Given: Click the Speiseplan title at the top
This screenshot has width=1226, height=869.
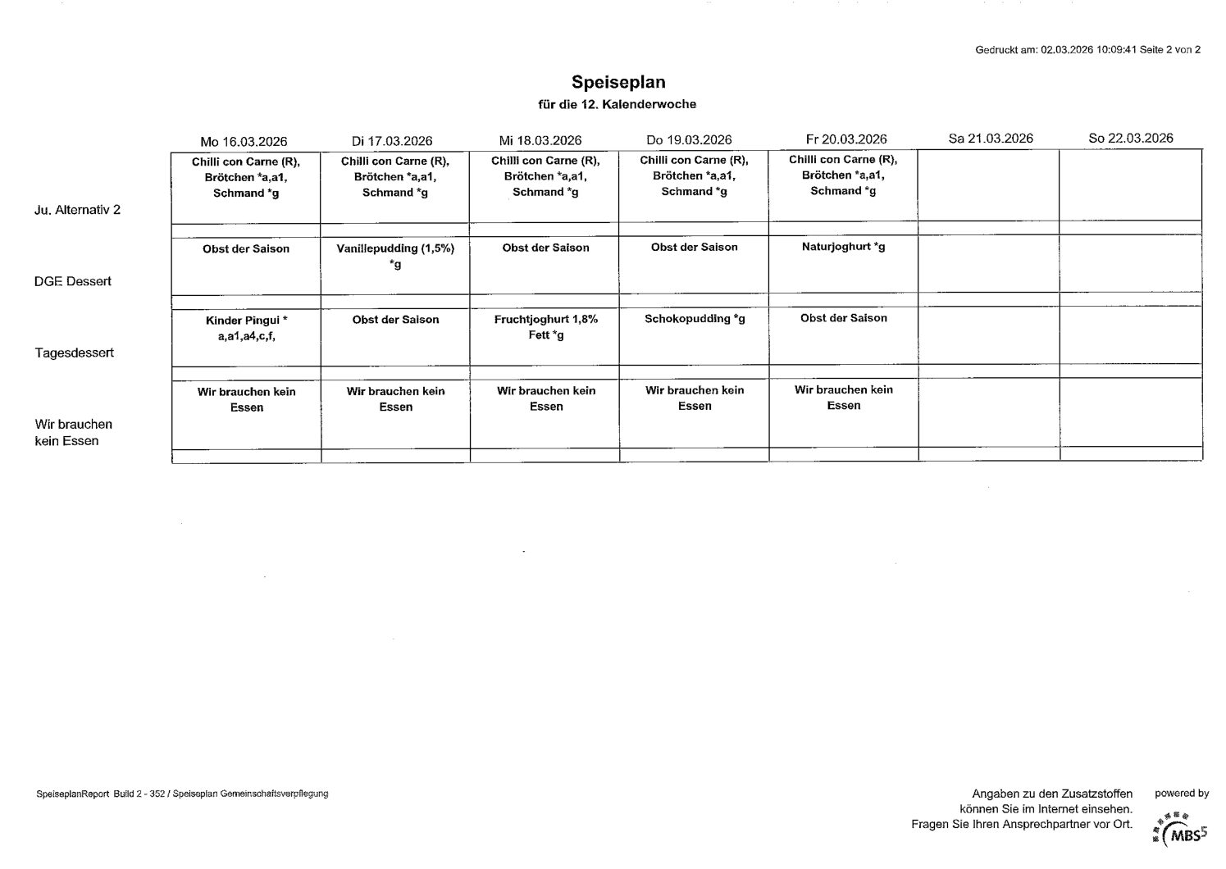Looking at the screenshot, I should click(x=618, y=82).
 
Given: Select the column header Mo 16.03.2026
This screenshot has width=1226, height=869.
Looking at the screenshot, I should click(x=244, y=141).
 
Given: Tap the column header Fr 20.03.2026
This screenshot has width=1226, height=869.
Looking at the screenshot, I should click(x=846, y=139).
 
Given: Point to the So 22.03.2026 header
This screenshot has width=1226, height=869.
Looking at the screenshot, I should click(x=1130, y=138).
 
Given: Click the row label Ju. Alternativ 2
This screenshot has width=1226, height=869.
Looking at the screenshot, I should click(x=78, y=210).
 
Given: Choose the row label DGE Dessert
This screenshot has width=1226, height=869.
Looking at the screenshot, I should click(x=73, y=281).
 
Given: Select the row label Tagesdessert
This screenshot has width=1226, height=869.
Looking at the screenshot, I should click(x=75, y=353).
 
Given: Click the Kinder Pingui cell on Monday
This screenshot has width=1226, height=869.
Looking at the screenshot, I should click(x=246, y=328).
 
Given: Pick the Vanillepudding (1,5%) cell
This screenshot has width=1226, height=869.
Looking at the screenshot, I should click(x=395, y=256).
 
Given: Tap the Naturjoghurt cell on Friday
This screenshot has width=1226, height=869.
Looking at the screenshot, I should click(x=843, y=247).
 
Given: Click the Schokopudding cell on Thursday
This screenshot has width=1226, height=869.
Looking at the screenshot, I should click(x=695, y=319).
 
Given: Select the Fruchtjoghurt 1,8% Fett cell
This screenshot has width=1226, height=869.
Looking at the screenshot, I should click(x=545, y=327).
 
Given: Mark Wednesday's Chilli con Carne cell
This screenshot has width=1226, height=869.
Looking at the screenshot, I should click(x=545, y=176).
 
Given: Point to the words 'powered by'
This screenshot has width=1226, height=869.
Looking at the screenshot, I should click(x=1182, y=794).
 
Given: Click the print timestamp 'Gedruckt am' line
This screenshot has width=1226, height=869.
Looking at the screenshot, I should click(x=1087, y=49).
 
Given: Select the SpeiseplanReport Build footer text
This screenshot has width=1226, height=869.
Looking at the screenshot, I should click(x=182, y=794).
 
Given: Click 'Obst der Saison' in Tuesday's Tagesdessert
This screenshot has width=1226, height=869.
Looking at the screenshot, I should click(x=395, y=320).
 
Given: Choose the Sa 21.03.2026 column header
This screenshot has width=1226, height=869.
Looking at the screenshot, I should click(x=990, y=139).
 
